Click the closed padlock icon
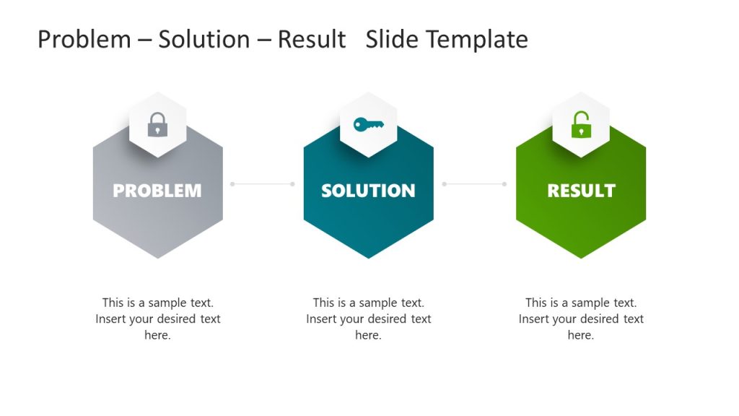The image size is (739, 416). click(x=157, y=125)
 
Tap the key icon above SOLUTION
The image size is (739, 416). click(x=368, y=125)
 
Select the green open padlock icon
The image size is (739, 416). click(x=581, y=125)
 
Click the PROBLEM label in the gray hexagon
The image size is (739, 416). click(x=157, y=191)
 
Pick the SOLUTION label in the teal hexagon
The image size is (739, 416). click(x=368, y=191)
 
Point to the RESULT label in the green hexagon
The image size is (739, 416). click(x=581, y=191)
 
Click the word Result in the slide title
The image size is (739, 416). click(x=312, y=39)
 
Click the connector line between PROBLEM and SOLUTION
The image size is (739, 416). click(x=262, y=184)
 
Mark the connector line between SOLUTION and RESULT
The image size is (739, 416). click(x=474, y=184)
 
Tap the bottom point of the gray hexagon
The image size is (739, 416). click(x=157, y=256)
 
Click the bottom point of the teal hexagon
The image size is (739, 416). click(x=368, y=256)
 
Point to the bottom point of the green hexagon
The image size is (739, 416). click(x=581, y=256)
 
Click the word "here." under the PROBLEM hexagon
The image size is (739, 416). click(x=157, y=335)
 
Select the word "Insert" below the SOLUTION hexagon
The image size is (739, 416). click(x=323, y=319)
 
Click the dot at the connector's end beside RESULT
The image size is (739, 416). click(x=504, y=184)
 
